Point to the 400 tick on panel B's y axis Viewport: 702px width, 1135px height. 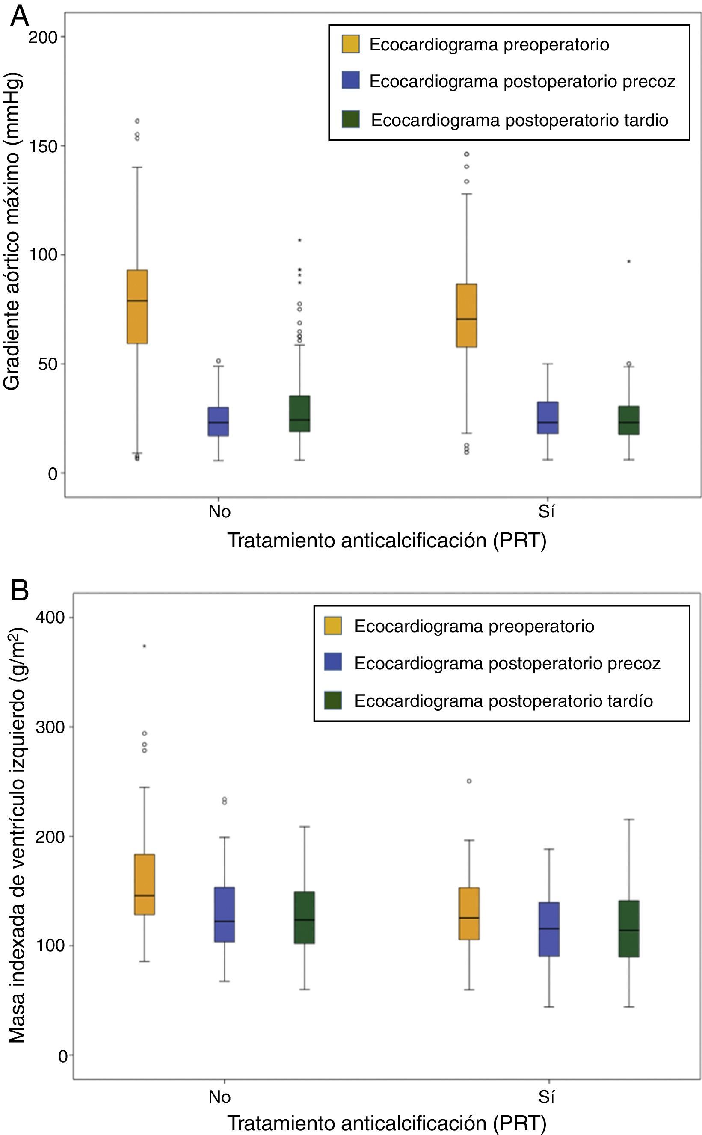coord(50,618)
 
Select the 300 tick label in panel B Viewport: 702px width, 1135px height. coord(50,727)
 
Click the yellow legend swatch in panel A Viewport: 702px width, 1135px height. coord(350,44)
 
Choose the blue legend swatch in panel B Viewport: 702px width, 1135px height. coord(333,662)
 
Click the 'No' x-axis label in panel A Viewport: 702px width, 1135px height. coord(219,512)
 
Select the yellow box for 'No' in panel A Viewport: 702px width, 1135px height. coord(137,306)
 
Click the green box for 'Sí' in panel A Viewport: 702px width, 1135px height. coord(629,420)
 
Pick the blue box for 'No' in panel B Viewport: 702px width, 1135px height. coord(224,915)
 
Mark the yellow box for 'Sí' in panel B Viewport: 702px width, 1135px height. coord(469,913)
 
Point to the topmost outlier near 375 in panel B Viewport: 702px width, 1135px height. coord(145,646)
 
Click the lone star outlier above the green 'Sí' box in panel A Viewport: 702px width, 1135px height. coord(629,261)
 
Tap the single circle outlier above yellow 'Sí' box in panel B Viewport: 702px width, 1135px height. coord(469,781)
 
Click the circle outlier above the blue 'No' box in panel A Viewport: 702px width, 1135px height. coord(218,361)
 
